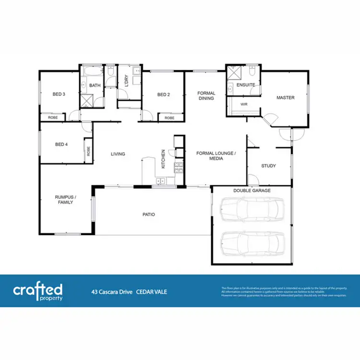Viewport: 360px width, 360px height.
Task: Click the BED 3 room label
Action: coord(59,95)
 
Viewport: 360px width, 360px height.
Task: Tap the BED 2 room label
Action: coord(164,95)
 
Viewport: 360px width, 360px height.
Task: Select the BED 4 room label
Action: coord(61,144)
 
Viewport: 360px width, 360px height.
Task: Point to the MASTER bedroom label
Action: coord(285,97)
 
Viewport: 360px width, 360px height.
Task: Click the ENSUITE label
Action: coord(245,85)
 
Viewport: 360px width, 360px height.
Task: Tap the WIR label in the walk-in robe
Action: coord(243,103)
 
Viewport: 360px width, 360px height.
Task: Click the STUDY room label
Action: coord(268,166)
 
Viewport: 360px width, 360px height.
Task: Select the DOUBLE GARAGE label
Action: coord(252,191)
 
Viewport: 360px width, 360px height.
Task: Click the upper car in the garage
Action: coord(252,210)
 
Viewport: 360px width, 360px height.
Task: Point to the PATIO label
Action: coord(149,215)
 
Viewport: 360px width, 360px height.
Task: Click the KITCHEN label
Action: coord(163,159)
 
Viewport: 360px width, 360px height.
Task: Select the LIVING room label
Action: coord(118,154)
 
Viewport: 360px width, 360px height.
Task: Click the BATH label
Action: coord(95,85)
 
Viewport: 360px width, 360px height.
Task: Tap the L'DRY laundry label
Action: coord(126,81)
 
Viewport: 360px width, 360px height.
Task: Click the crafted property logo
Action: coord(37,291)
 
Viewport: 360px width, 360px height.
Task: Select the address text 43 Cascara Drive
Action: coord(112,291)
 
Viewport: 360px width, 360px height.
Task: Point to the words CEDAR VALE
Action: coord(152,291)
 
